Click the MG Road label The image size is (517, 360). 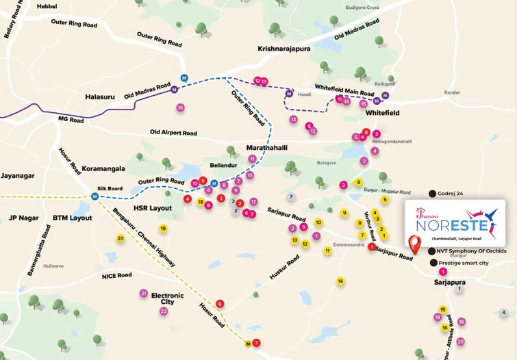click(x=71, y=120)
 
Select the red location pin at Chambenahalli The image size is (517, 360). click(x=414, y=244)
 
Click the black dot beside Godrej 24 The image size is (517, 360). click(x=431, y=194)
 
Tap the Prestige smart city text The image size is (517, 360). click(x=467, y=263)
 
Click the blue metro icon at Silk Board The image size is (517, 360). click(x=95, y=196)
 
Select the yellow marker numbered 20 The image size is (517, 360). click(x=121, y=238)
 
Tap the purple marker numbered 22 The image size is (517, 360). click(x=164, y=311)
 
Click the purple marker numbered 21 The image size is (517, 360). click(x=143, y=293)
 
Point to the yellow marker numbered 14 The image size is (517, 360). click(x=340, y=281)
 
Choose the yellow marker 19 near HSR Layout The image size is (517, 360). click(x=163, y=228)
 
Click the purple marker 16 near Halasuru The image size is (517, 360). click(x=180, y=107)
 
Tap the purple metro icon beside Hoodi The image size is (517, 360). click(x=290, y=94)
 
